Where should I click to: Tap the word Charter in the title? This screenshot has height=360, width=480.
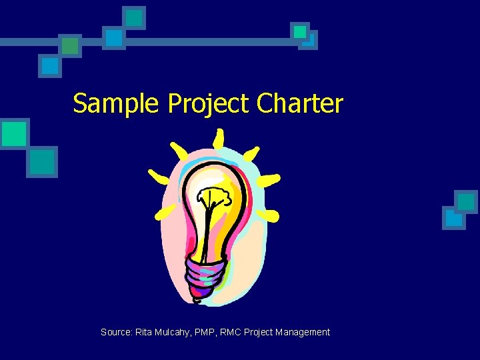(x=299, y=103)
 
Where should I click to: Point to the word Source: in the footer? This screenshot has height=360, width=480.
(x=116, y=332)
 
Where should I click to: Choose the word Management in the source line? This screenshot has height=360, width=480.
(x=305, y=332)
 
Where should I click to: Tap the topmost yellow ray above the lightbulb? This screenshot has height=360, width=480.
(x=218, y=139)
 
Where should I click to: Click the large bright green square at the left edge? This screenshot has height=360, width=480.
(x=13, y=133)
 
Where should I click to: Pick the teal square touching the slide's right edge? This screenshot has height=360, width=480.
(x=466, y=202)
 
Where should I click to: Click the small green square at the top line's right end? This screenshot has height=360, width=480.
(x=300, y=31)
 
